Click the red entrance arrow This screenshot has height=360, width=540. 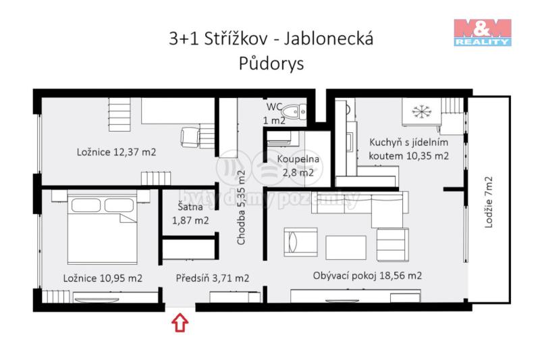pyautogui.click(x=180, y=323)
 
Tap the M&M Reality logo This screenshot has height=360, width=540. pyautogui.click(x=483, y=32)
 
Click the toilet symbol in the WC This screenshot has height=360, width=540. pyautogui.click(x=294, y=111)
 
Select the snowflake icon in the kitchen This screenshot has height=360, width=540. pyautogui.click(x=421, y=111)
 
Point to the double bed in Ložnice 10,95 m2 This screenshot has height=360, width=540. pyautogui.click(x=103, y=227)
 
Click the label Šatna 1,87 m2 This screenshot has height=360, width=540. pyautogui.click(x=190, y=213)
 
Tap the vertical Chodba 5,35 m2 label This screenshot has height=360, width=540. pyautogui.click(x=241, y=208)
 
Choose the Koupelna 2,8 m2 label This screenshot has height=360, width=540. pyautogui.click(x=298, y=165)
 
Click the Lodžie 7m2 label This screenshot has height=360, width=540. pyautogui.click(x=489, y=202)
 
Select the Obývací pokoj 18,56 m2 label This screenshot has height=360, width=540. pyautogui.click(x=367, y=276)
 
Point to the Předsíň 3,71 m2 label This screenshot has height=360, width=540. pyautogui.click(x=213, y=278)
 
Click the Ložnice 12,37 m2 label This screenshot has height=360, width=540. pyautogui.click(x=116, y=152)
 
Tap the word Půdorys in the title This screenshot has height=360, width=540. pyautogui.click(x=271, y=63)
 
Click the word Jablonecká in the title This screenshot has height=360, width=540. pyautogui.click(x=329, y=38)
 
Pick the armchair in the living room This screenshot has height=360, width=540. pyautogui.click(x=300, y=242)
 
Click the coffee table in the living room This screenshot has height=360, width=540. pyautogui.click(x=346, y=248)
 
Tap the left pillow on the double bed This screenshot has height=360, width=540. pyautogui.click(x=86, y=205)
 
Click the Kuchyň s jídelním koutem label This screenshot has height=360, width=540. pyautogui.click(x=409, y=149)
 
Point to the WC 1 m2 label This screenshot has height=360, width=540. pyautogui.click(x=274, y=113)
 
